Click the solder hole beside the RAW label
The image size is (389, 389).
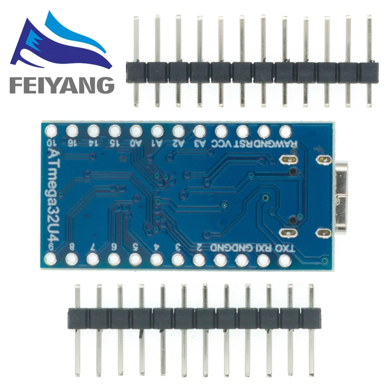click(x=285, y=130)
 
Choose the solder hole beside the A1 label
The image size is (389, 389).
click(x=158, y=130)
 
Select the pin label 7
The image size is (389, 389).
click(x=93, y=247)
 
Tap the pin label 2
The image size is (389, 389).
click(x=199, y=247)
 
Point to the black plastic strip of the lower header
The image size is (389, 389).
click(x=194, y=318)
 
